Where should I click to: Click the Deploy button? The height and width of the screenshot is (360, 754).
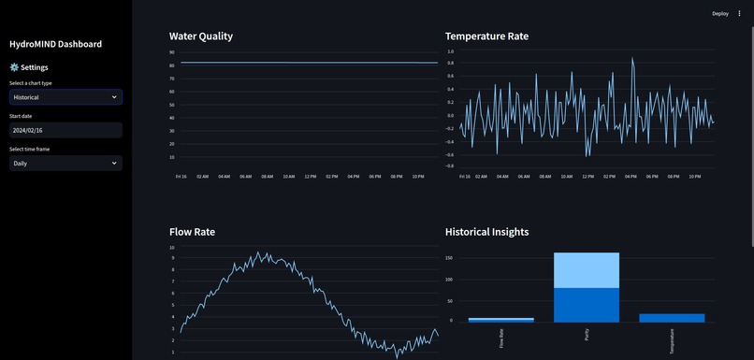point(719,13)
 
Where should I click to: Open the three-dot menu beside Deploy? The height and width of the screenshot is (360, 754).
point(739,13)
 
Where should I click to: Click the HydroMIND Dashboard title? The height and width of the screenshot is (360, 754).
point(55,44)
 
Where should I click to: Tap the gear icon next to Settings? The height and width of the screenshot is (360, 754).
point(14,67)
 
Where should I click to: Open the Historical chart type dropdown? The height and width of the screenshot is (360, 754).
point(65,96)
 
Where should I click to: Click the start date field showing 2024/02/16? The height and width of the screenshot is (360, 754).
point(65,130)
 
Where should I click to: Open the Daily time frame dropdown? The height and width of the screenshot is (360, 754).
point(65,163)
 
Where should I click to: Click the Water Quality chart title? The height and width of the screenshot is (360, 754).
point(200,36)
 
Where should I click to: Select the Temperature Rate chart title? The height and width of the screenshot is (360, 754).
point(486,36)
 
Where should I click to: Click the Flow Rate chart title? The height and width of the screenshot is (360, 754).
point(192,231)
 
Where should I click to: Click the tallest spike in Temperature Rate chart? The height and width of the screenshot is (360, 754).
point(632,59)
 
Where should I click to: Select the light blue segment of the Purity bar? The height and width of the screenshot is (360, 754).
point(586,270)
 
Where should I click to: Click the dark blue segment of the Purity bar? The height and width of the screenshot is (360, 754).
point(586,304)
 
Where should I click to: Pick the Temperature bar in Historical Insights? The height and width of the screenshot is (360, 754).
point(672,317)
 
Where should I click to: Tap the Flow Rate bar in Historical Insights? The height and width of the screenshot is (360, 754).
point(500,320)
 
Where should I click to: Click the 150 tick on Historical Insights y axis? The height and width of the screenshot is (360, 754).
point(449,258)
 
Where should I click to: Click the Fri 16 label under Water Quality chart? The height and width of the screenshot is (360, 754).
point(181,176)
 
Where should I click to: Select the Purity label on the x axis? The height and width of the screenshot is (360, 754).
point(587,337)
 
